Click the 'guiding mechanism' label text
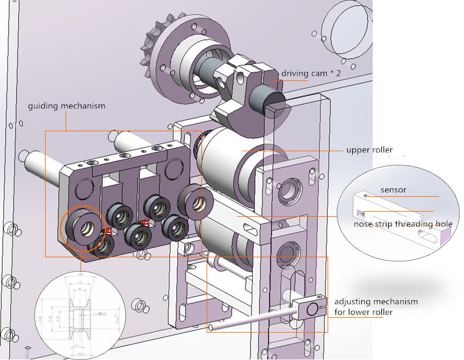pyautogui.click(x=66, y=106)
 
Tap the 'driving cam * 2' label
pyautogui.click(x=308, y=74)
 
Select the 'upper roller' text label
pyautogui.click(x=369, y=150)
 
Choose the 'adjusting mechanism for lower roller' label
pyautogui.click(x=376, y=306)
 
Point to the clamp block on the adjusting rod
pyautogui.click(x=310, y=309)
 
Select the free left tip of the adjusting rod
pyautogui.click(x=212, y=327)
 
